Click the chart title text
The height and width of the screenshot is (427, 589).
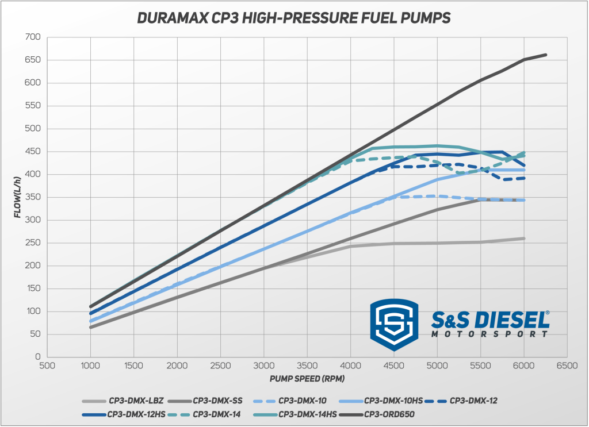click(294, 18)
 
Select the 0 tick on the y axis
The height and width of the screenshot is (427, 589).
click(37, 357)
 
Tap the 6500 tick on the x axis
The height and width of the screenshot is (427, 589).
click(567, 365)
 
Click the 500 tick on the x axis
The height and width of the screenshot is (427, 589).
click(47, 365)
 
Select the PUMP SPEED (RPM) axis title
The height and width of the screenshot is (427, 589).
click(306, 379)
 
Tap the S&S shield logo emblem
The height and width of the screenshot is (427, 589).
click(394, 324)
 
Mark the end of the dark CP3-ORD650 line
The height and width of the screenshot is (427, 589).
click(545, 55)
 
